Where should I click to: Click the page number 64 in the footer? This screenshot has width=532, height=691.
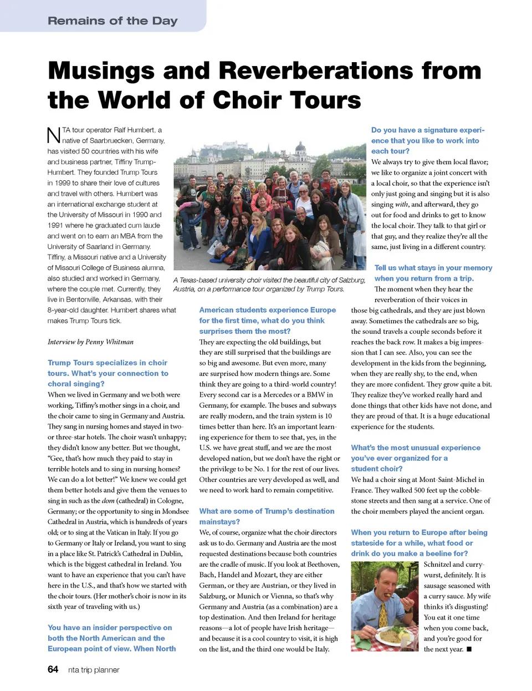53,669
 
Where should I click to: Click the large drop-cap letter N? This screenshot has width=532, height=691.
53,135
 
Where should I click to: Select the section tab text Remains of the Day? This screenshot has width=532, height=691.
112,21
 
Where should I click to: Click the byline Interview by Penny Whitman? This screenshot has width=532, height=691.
90,342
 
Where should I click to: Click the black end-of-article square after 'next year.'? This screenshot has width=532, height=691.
469,649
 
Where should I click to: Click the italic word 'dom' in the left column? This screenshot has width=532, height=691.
108,501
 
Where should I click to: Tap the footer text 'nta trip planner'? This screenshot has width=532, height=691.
94,670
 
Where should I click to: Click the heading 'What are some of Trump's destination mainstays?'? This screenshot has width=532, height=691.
267,516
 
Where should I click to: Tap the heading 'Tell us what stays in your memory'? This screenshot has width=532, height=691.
433,268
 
